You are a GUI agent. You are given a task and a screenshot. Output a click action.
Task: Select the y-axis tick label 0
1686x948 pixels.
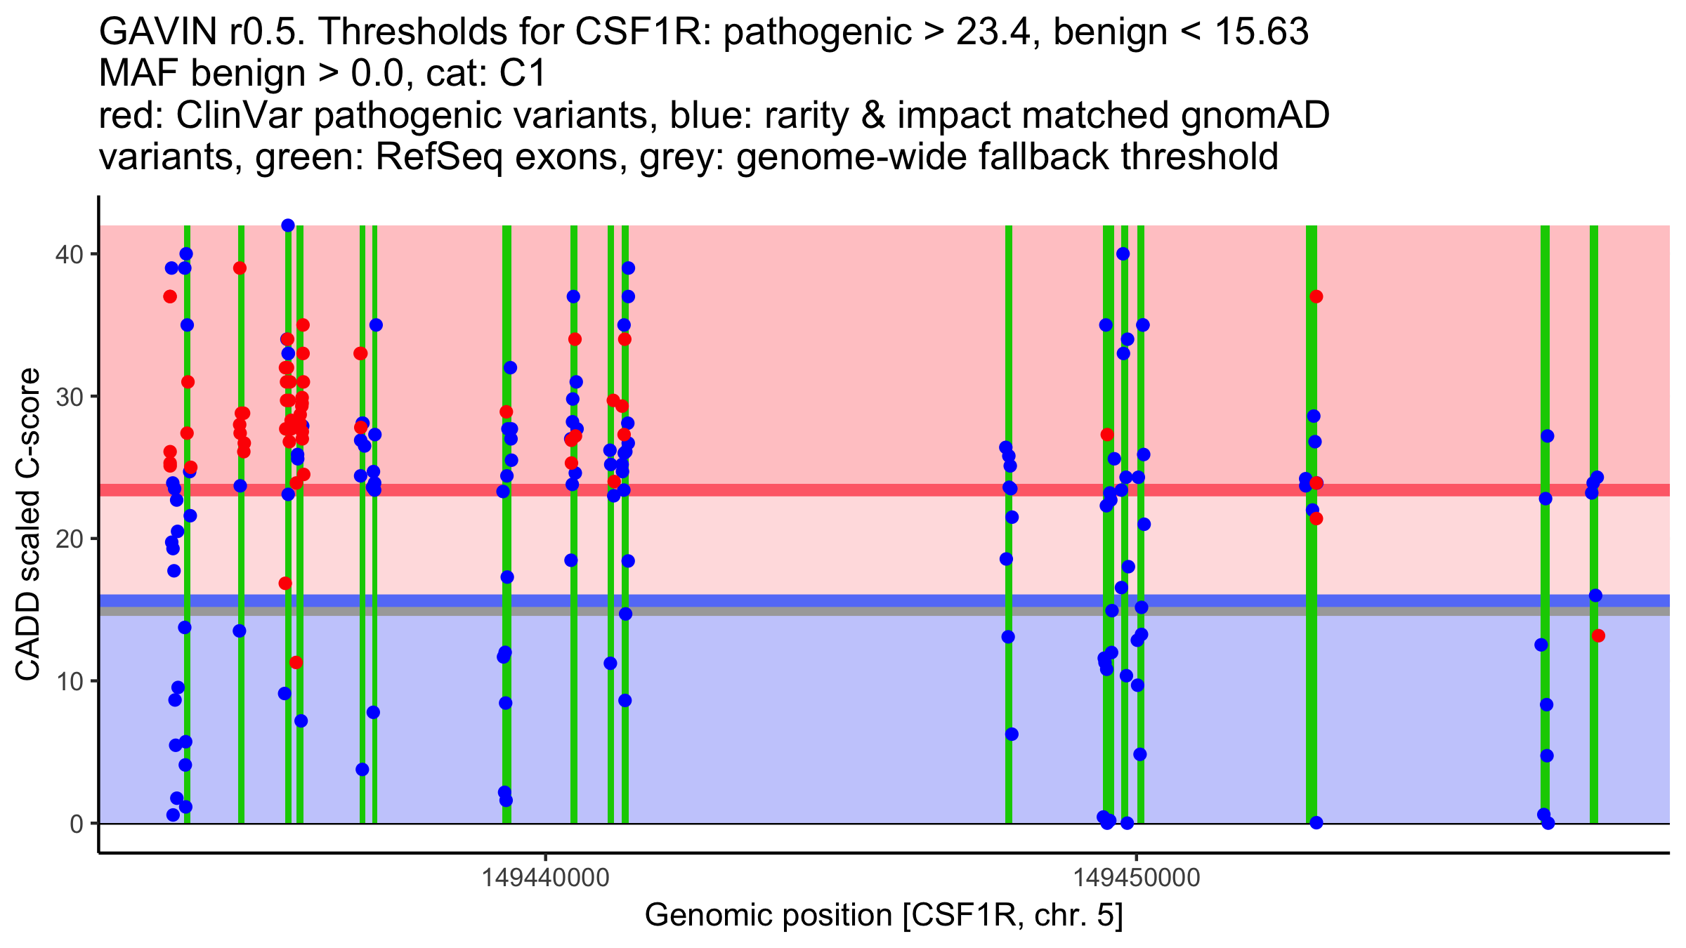click(76, 824)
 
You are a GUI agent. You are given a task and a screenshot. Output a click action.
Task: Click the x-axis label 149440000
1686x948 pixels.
click(545, 878)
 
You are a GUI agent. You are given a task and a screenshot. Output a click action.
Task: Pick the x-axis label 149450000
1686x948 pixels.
click(1137, 878)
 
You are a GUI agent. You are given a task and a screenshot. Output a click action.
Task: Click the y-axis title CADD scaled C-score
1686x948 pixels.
click(28, 525)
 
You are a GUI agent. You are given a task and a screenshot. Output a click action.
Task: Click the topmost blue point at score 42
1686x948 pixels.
click(288, 225)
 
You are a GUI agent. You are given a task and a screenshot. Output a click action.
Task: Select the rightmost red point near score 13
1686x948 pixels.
click(1598, 636)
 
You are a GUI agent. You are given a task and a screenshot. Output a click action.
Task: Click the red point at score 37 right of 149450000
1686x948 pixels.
click(1316, 296)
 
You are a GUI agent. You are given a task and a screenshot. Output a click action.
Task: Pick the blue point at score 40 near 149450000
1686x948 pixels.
click(1123, 254)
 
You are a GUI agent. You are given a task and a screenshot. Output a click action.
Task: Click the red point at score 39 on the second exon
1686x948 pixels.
click(240, 268)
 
